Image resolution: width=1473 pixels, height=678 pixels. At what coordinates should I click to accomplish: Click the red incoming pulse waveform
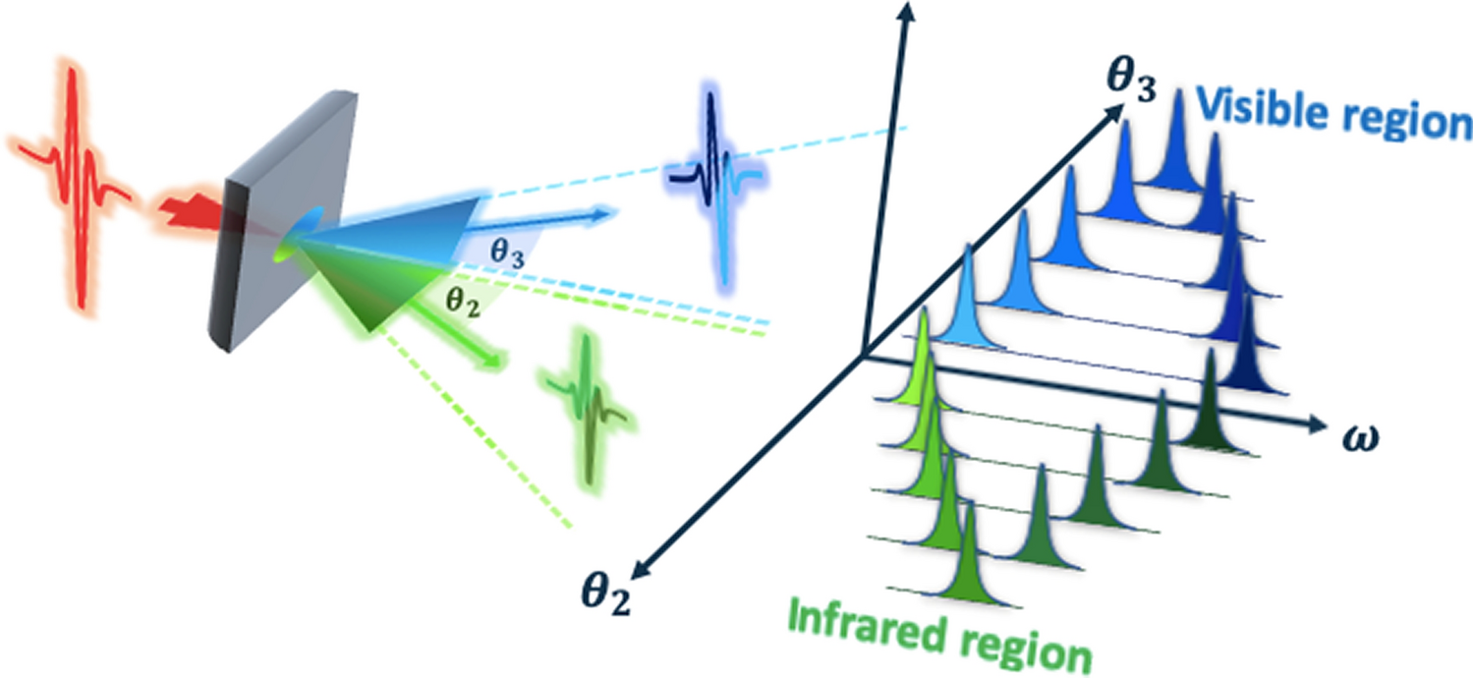[x=74, y=173]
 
